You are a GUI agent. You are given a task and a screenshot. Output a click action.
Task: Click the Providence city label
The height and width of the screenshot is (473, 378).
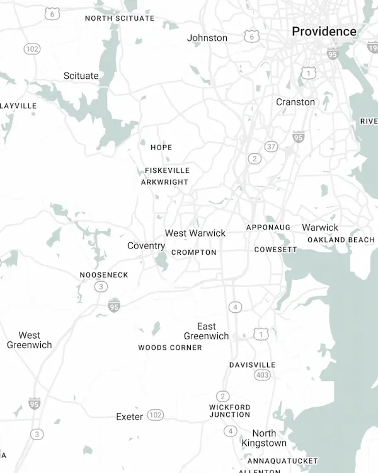(x=324, y=32)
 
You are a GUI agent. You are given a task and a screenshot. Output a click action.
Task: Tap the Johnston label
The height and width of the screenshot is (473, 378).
(x=207, y=38)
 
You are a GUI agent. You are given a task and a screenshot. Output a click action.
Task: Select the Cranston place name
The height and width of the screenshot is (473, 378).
(x=295, y=102)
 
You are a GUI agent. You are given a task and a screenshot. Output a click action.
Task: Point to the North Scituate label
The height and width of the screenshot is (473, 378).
(x=120, y=18)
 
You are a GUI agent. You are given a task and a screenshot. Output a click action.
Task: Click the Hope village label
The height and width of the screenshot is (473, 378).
(x=161, y=148)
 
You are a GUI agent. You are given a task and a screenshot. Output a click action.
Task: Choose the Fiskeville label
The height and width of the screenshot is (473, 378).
(x=167, y=170)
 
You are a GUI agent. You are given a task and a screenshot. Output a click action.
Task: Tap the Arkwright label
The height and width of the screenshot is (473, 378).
(x=164, y=182)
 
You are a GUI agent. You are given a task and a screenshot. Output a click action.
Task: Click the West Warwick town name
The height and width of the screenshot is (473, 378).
(x=195, y=233)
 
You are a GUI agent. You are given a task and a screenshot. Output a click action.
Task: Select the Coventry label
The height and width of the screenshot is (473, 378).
(x=146, y=245)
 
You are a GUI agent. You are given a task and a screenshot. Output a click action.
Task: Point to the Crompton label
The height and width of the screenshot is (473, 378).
(x=194, y=252)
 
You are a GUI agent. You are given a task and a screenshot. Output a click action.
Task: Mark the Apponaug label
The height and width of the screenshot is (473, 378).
(x=268, y=227)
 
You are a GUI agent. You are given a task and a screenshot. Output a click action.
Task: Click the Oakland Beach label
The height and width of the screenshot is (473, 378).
(x=341, y=240)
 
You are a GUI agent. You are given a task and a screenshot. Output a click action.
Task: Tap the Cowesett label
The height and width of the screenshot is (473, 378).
(x=276, y=250)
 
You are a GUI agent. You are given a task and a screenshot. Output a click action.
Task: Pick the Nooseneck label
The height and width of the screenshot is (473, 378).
(x=104, y=275)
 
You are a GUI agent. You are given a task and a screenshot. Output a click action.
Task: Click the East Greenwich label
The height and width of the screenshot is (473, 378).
(x=207, y=331)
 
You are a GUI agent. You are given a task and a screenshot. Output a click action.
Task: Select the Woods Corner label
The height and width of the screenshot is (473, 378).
(x=170, y=347)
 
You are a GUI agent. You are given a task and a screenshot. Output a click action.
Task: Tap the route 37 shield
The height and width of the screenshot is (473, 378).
(x=271, y=146)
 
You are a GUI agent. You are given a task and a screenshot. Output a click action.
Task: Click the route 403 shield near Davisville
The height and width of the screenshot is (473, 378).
(x=263, y=375)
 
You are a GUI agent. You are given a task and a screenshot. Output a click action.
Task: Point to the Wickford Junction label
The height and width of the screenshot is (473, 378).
(x=230, y=411)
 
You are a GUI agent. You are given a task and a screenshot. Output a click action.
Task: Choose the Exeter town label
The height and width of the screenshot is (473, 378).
(x=130, y=416)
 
